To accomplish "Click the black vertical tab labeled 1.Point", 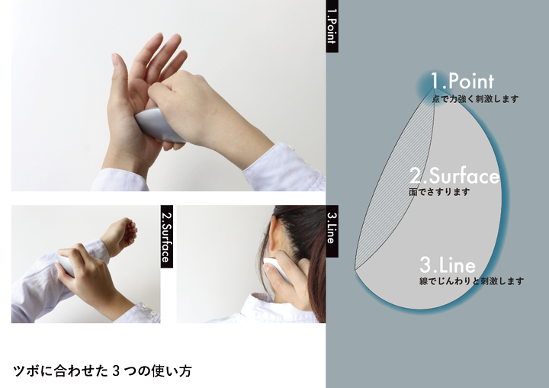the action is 332,26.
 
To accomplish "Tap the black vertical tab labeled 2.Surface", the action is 167,236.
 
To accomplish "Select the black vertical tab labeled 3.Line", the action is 332,231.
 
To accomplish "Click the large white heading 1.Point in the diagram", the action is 462,81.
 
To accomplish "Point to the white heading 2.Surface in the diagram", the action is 454,175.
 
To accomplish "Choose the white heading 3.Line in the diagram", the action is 448,265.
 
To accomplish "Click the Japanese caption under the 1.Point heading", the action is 475,99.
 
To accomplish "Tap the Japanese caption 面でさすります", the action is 439,192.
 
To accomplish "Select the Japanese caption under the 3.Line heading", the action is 472,281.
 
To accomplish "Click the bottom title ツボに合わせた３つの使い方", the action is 102,370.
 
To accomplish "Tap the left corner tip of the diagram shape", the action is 355,270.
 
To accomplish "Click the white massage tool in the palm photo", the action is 159,125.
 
